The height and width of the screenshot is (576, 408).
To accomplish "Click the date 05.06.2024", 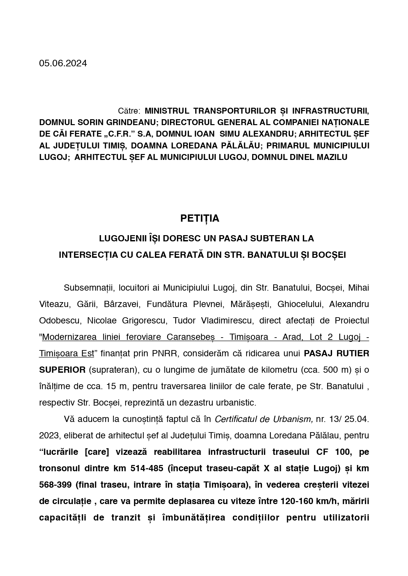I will [x=63, y=63].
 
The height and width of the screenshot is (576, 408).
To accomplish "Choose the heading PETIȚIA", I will [x=200, y=218].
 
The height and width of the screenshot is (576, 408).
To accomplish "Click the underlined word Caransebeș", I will [x=191, y=337].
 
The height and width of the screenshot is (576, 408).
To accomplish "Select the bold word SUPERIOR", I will [x=62, y=370].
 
